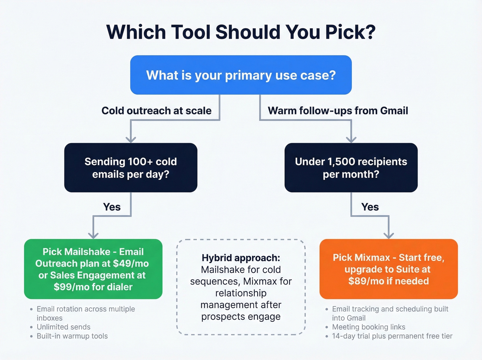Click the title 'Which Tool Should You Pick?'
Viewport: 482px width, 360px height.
pos(241,32)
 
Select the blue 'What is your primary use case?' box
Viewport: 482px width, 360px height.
pos(241,75)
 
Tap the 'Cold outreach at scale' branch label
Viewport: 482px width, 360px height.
pos(156,111)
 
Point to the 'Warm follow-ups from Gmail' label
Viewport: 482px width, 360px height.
pos(338,111)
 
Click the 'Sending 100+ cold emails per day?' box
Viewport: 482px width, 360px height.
pos(130,168)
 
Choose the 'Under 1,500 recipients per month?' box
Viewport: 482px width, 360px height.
pos(351,168)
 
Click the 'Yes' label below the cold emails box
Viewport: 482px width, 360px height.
pos(112,207)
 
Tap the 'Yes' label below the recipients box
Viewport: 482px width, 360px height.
pos(370,207)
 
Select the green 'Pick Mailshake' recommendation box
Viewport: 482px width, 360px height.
pos(93,269)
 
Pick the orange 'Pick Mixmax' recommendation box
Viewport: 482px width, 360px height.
pos(388,269)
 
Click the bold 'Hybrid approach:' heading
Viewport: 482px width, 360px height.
pos(241,258)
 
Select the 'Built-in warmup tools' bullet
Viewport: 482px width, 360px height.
pos(72,336)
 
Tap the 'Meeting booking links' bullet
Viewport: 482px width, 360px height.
pos(369,327)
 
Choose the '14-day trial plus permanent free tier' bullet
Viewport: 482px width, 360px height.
pos(392,336)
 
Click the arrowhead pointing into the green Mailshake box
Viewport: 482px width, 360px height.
pos(93,236)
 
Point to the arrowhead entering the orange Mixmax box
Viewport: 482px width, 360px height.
pos(389,236)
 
